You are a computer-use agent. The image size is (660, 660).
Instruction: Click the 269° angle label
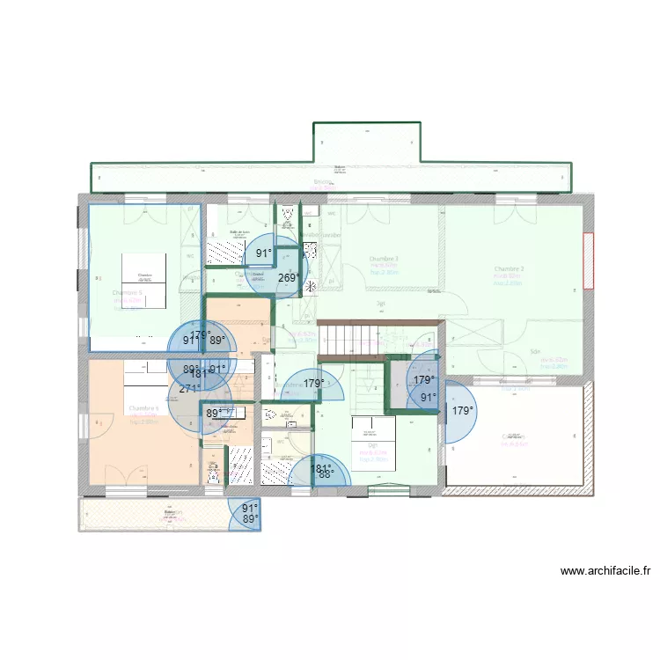click(288, 278)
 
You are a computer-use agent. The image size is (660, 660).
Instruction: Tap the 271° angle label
click(190, 389)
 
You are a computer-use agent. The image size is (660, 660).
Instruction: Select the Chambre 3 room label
click(384, 259)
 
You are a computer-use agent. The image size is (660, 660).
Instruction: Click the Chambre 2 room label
click(509, 269)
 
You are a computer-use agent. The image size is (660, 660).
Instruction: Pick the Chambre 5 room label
click(128, 293)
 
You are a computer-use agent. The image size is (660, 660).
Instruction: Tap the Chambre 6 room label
click(143, 408)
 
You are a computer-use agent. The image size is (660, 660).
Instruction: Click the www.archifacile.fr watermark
click(605, 571)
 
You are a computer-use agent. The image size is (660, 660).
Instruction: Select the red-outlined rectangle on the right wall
click(588, 260)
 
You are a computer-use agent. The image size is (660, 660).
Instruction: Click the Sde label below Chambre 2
click(534, 351)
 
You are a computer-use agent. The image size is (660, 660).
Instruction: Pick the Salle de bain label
click(239, 232)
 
